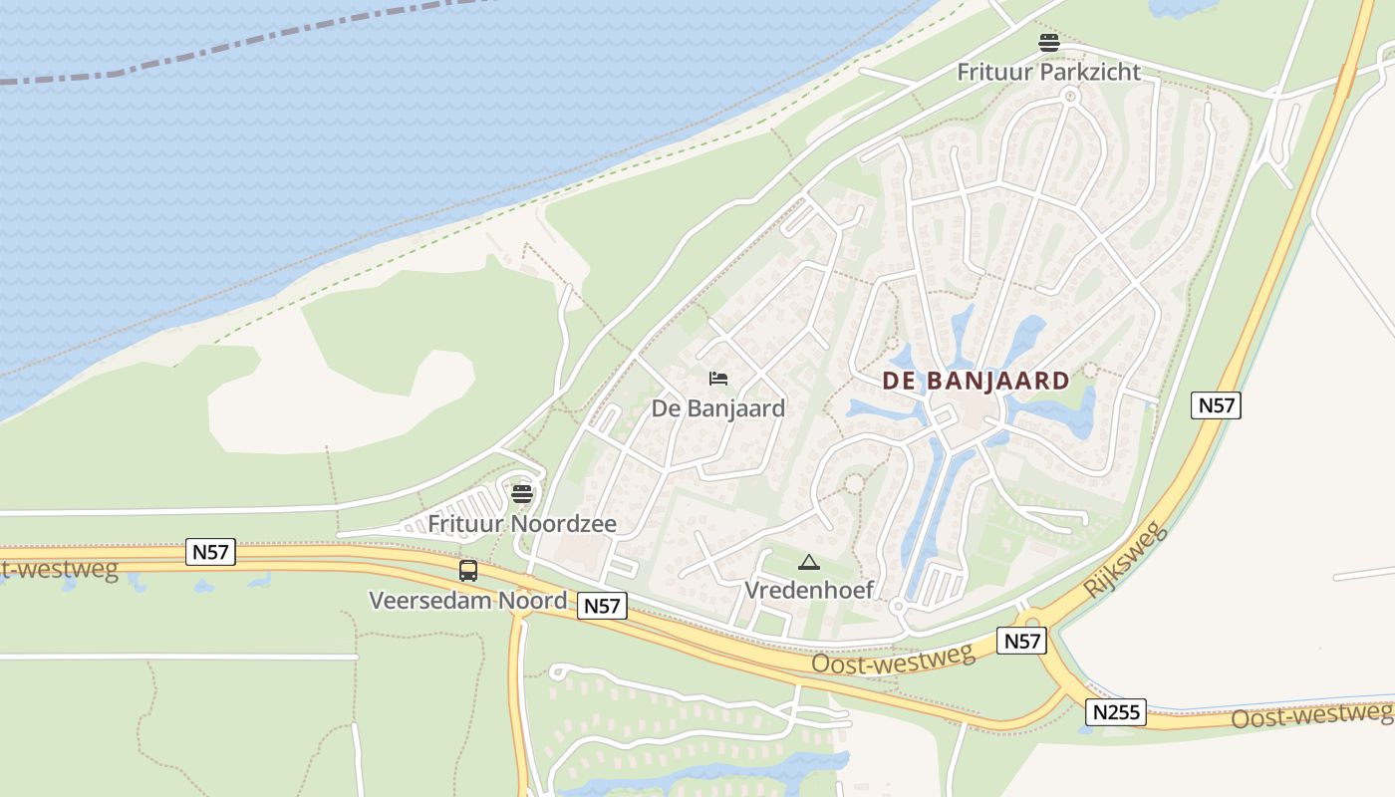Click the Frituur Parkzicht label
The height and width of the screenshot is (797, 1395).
pos(1048,72)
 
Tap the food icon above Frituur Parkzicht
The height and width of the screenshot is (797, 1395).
pos(1048,42)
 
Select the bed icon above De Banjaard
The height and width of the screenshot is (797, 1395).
pos(718,379)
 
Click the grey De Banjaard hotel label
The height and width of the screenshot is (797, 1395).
pos(718,408)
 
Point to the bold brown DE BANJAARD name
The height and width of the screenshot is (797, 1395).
pos(976,381)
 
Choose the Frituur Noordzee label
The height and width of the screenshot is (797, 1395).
pos(522,523)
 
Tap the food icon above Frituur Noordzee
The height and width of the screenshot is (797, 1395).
pos(522,493)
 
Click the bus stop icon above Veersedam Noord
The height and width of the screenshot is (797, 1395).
pos(467,571)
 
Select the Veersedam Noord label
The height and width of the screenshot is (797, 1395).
pos(467,601)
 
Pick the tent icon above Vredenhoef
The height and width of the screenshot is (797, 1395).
pos(808,563)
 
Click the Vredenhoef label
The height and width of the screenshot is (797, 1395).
pos(809,590)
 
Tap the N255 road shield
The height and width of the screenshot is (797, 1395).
pos(1116,712)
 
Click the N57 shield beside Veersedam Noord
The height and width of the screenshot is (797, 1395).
pos(602,606)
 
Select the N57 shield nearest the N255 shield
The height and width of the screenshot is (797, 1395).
pos(1023,641)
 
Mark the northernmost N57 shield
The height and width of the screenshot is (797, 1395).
pos(1216,405)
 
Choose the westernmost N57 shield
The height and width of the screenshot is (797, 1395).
pos(210,552)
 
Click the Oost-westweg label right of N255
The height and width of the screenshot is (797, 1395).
pos(1310,714)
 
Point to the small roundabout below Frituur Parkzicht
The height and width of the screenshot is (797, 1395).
pos(1071,97)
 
